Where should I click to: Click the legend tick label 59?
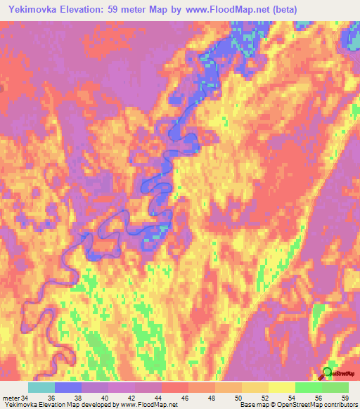click(344, 397)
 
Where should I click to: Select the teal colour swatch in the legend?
click(41, 387)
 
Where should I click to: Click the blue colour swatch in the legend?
click(68, 387)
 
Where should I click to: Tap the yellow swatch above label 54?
click(282, 387)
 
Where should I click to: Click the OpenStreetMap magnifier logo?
click(327, 373)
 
